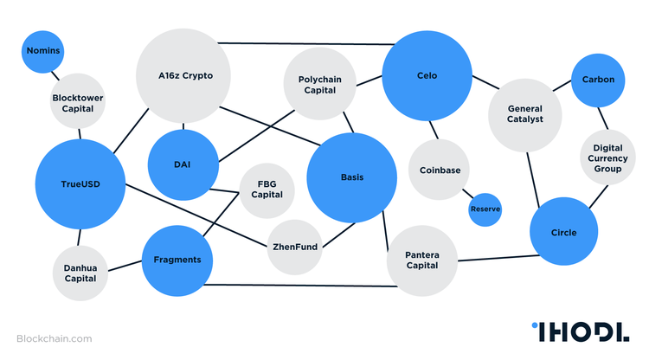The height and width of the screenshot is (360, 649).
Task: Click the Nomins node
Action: click(42, 51)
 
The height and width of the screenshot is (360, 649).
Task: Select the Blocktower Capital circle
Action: click(79, 103)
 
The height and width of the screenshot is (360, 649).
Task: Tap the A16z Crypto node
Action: click(184, 75)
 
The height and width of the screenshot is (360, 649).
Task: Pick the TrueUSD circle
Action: click(80, 183)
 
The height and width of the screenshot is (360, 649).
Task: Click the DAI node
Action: click(182, 164)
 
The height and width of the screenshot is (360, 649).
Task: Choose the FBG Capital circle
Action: click(267, 189)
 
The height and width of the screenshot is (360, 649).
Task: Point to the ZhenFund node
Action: click(295, 247)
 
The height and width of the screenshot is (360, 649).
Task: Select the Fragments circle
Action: click(177, 260)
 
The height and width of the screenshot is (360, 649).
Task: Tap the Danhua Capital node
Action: click(80, 273)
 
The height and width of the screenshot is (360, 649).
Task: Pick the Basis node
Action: click(352, 177)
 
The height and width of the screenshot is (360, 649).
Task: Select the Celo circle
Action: click(427, 76)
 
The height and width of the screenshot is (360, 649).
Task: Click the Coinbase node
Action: click(440, 170)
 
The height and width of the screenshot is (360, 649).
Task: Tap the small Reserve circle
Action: click(485, 209)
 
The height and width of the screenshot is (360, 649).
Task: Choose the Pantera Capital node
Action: click(421, 260)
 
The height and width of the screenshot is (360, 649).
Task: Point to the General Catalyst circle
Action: click(525, 113)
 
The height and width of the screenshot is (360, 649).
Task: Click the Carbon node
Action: click(598, 80)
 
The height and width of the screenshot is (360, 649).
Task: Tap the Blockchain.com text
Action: click(54, 339)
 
